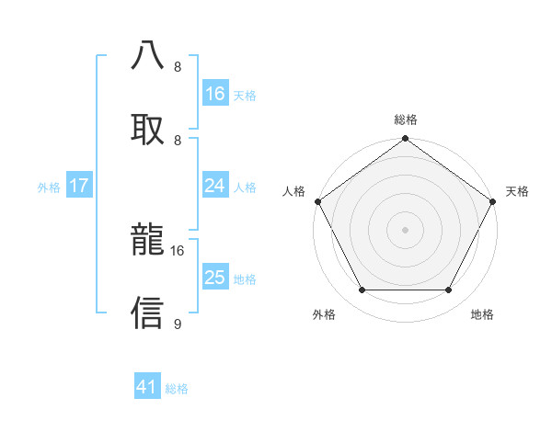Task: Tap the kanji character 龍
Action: tap(148, 240)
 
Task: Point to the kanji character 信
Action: tap(148, 313)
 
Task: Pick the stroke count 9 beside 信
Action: tap(178, 324)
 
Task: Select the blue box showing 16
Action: tap(215, 94)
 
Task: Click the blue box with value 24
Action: tap(215, 186)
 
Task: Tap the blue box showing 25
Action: tap(215, 278)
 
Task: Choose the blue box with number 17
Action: tap(79, 186)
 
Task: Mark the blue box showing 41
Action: tap(147, 388)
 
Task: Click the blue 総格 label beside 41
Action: tap(177, 389)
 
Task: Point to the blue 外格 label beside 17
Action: tap(49, 187)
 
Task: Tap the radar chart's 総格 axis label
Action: tap(406, 119)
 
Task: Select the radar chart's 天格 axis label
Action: tap(517, 191)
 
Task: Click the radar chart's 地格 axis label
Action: tap(482, 314)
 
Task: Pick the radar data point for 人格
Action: tap(318, 201)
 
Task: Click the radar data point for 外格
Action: tap(362, 290)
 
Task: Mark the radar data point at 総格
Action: tap(406, 139)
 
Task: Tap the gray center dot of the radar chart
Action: tap(406, 230)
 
